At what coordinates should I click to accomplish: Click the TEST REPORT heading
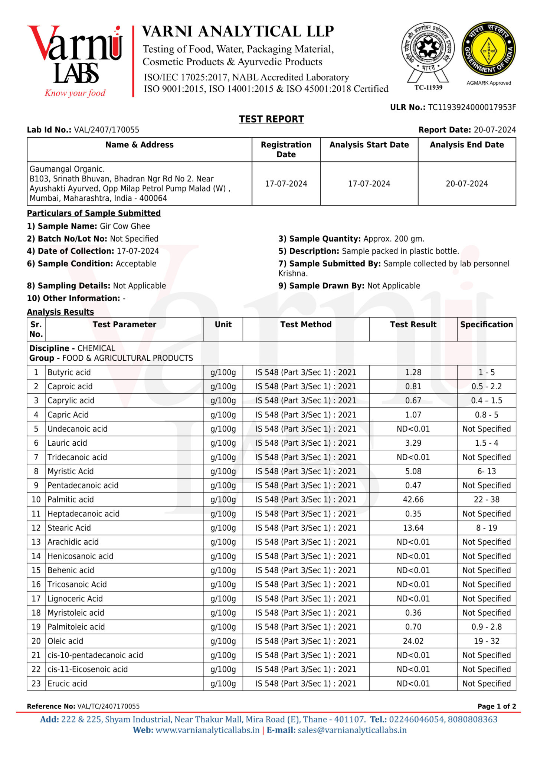tap(271, 119)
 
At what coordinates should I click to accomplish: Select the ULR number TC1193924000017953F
tap(472, 108)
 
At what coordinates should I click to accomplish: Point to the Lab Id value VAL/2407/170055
tap(107, 130)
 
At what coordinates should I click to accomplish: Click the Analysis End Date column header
tap(466, 145)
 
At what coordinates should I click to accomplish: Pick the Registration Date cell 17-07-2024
tap(286, 184)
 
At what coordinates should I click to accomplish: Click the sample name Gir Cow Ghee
tap(125, 226)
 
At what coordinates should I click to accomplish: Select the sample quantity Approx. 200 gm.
tap(394, 239)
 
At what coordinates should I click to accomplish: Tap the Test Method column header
tap(306, 325)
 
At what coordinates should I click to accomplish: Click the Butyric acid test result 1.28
tap(413, 373)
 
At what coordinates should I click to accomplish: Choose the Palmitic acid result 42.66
tap(413, 500)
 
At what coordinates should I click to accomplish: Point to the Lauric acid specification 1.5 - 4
tap(486, 443)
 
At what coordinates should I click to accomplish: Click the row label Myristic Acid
tap(71, 472)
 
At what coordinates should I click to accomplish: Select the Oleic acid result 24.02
tap(413, 641)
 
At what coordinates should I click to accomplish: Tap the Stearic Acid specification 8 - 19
tap(486, 528)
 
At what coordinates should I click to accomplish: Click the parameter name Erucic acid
tap(67, 684)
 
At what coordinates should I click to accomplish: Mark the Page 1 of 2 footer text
tap(497, 707)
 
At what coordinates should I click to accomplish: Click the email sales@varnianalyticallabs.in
tap(352, 730)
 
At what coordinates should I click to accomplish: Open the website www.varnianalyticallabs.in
tap(207, 730)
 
